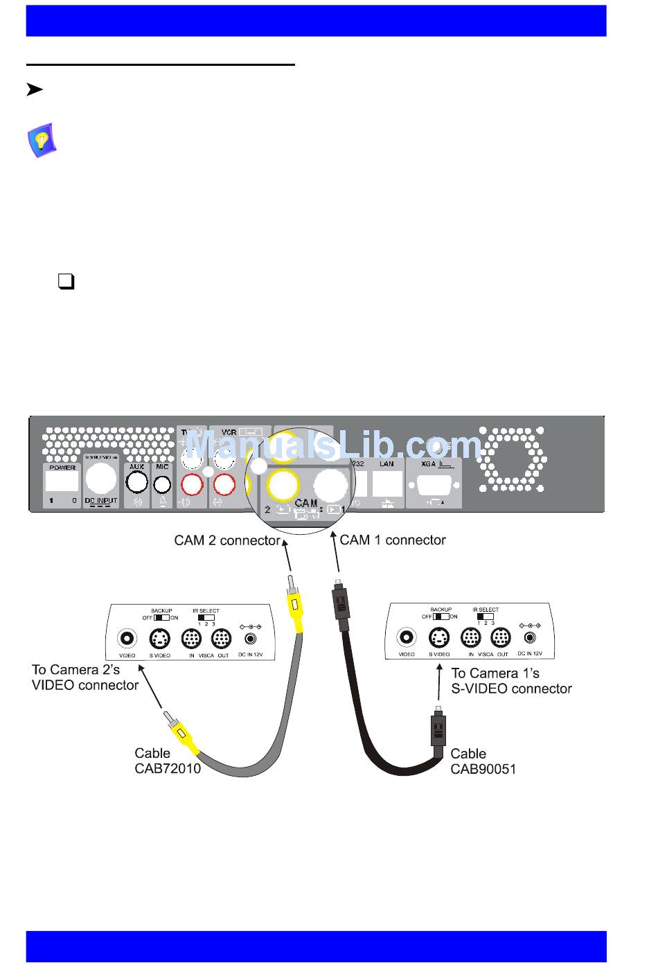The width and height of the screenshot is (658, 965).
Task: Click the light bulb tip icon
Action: (x=42, y=141)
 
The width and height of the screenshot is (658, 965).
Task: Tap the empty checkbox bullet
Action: (x=66, y=281)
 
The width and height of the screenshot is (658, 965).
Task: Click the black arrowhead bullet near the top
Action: (x=35, y=89)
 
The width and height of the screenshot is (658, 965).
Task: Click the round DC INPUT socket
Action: (x=101, y=478)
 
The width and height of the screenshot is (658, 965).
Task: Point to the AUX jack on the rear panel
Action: (x=137, y=483)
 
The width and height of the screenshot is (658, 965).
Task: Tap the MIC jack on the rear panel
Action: (x=162, y=484)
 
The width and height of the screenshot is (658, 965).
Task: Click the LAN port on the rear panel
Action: (x=386, y=483)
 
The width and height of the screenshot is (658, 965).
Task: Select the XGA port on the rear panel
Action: (x=434, y=483)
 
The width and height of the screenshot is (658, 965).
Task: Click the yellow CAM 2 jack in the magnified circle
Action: (x=283, y=484)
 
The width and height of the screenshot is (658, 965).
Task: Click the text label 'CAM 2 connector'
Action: (x=227, y=540)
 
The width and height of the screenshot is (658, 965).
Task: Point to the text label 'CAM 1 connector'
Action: (x=393, y=540)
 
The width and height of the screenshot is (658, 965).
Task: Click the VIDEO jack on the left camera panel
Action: (x=127, y=638)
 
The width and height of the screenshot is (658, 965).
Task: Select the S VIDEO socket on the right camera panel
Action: (x=438, y=637)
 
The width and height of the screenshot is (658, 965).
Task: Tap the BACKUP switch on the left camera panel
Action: (x=161, y=617)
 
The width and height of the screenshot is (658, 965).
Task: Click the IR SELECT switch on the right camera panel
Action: (x=485, y=616)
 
